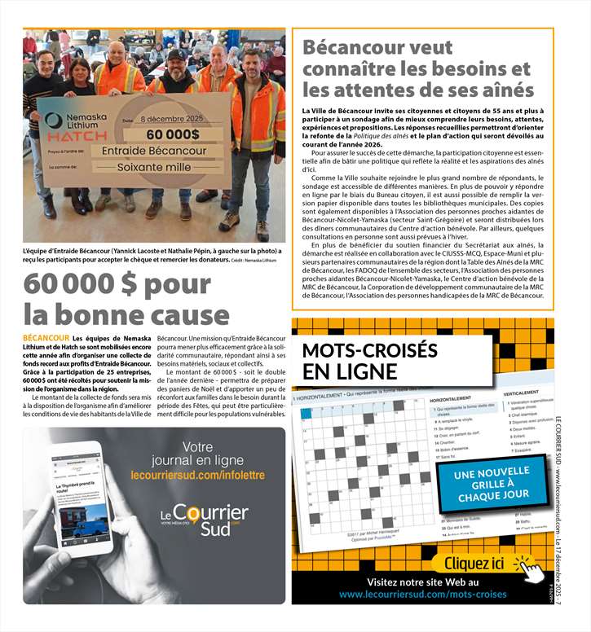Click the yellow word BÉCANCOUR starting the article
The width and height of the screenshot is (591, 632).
tap(46, 337)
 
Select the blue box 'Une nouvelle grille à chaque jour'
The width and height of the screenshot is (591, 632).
tap(493, 484)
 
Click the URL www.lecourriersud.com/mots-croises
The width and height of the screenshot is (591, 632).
tap(423, 595)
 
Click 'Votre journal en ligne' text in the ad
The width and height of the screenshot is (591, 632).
tap(197, 454)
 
